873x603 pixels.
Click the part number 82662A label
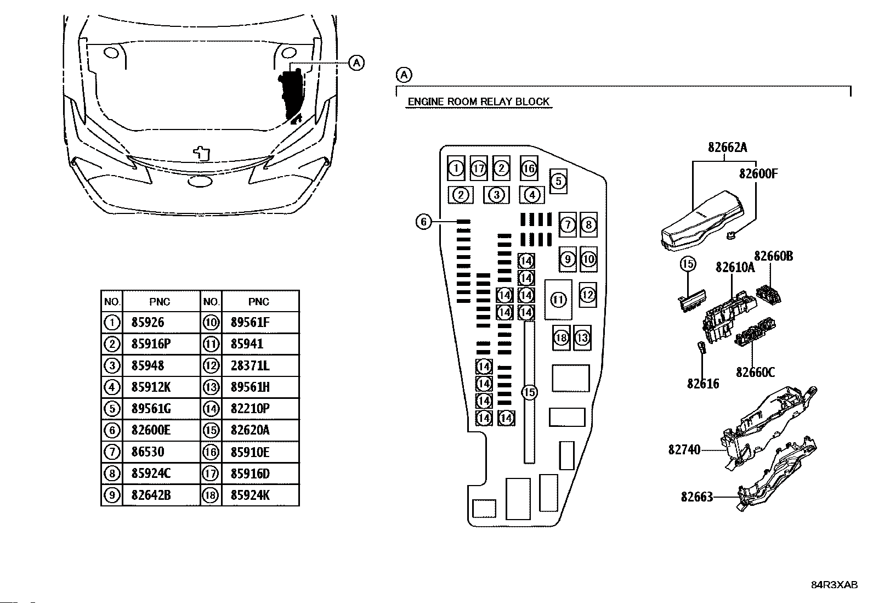point(727,148)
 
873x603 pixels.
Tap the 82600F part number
point(758,173)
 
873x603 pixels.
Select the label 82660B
point(773,256)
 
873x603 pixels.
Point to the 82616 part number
point(702,384)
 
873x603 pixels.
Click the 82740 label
point(684,450)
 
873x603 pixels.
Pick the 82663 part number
point(697,497)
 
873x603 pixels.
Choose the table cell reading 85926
point(148,322)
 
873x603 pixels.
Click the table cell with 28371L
point(250,365)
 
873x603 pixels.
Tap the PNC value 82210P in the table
point(250,408)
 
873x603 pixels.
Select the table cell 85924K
point(250,495)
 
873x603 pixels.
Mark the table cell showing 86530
point(148,452)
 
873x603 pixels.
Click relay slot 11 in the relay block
point(558,300)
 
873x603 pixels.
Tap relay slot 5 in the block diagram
point(558,181)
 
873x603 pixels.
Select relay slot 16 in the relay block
point(529,168)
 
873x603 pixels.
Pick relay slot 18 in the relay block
point(561,337)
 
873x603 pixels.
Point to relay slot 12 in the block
point(588,295)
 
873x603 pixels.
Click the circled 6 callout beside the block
point(424,222)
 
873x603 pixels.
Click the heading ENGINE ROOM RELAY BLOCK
point(479,102)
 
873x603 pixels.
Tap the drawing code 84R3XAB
point(835,585)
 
